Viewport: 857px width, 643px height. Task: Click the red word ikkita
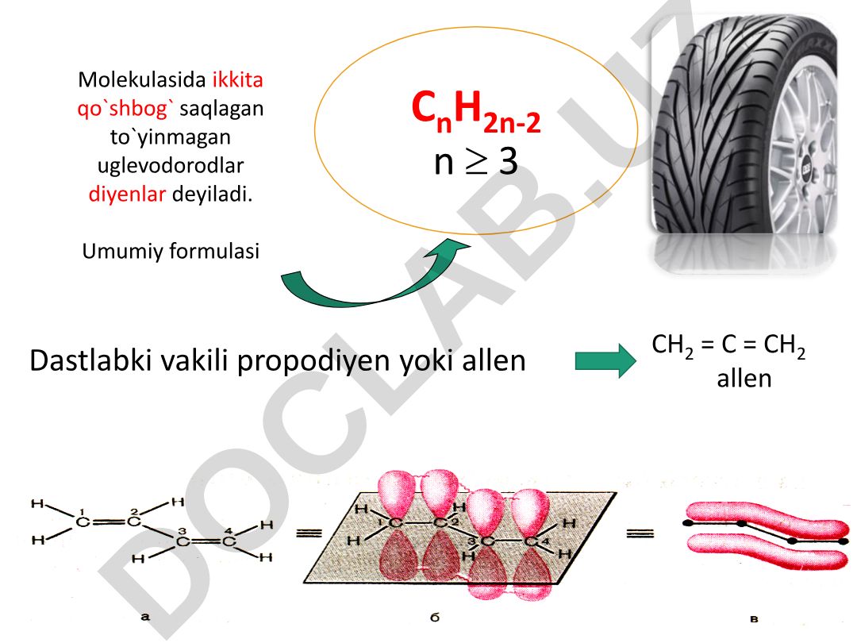point(238,80)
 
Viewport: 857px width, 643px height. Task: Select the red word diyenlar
point(127,194)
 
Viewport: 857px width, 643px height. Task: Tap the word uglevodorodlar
point(171,166)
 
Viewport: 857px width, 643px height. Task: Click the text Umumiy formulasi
point(171,251)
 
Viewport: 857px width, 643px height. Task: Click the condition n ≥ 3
point(475,161)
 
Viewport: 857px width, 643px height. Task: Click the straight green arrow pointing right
point(605,360)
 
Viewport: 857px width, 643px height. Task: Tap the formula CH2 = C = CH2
point(728,345)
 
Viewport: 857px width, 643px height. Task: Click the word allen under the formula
point(744,379)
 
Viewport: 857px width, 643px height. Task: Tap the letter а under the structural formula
point(145,617)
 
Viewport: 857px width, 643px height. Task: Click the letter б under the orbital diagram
point(435,618)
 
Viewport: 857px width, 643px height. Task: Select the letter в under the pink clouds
point(755,619)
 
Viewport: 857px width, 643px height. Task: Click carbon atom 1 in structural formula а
point(83,522)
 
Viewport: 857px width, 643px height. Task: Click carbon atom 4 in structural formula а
point(229,541)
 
